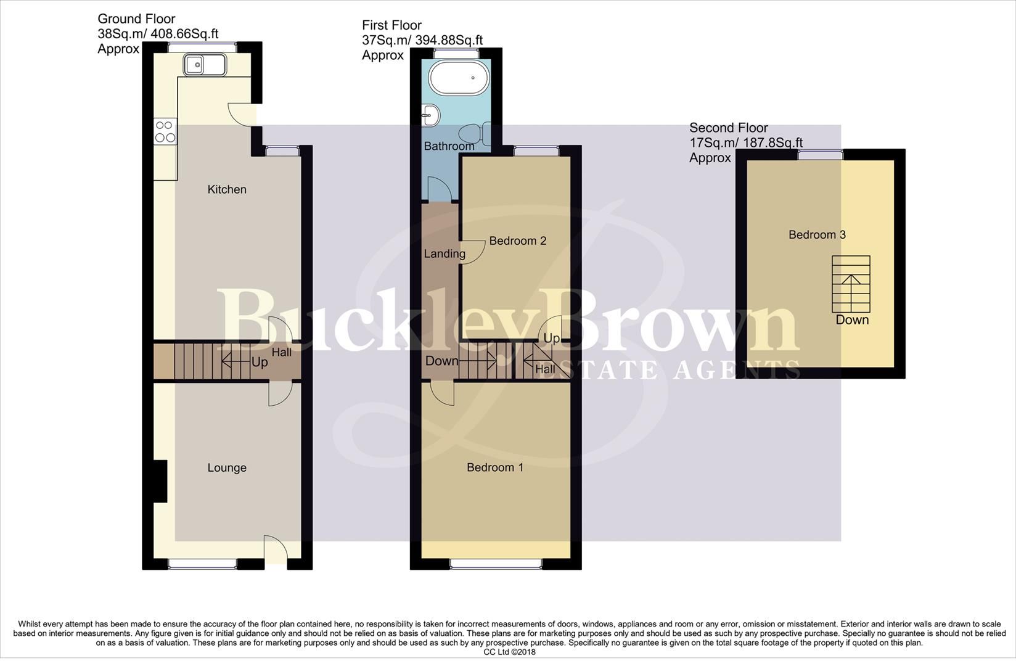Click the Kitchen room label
(x=227, y=189)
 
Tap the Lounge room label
(x=227, y=468)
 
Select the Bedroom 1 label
(x=495, y=467)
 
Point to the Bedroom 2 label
(x=518, y=241)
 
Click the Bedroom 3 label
(x=817, y=235)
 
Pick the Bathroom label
(x=449, y=146)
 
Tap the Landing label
(x=444, y=254)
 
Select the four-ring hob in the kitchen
(x=165, y=131)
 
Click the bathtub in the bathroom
(x=459, y=78)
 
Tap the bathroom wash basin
(x=431, y=115)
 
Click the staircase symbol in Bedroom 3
(x=851, y=284)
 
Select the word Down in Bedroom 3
(x=852, y=320)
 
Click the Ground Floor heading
(x=136, y=19)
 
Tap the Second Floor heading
(x=728, y=128)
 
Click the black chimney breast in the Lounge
(x=160, y=482)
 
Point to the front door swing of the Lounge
(x=275, y=548)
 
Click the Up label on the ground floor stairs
(x=260, y=362)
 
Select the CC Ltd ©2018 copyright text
(x=509, y=652)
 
